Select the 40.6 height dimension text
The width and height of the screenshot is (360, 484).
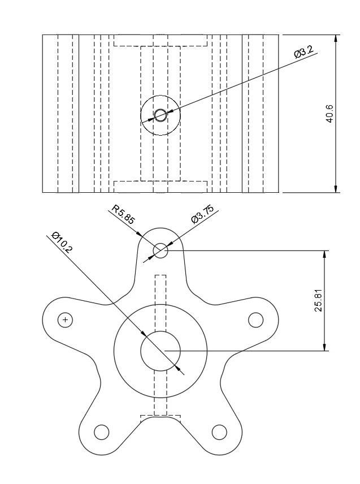(330, 114)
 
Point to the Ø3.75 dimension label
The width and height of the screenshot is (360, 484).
(202, 215)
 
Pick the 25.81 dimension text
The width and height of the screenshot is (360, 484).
(319, 300)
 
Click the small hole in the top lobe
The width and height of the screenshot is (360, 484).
(161, 250)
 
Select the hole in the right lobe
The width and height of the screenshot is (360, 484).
(256, 320)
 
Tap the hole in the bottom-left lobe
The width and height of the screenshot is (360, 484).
(101, 433)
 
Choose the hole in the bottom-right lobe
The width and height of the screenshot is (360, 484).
(219, 433)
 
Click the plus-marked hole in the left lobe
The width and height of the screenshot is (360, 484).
(66, 320)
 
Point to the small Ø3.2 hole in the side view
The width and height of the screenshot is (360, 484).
(161, 115)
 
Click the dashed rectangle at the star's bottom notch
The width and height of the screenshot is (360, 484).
(161, 418)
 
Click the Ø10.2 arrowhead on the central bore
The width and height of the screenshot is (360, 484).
(180, 368)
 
